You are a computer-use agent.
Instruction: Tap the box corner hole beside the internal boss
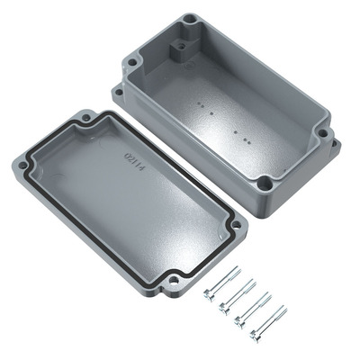click(190, 19)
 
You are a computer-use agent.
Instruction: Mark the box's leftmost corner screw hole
click(131, 64)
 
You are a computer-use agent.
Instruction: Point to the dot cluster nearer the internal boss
click(205, 110)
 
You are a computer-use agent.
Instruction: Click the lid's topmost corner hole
click(86, 117)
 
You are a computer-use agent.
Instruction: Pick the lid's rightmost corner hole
click(236, 225)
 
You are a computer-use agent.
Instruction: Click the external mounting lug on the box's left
click(118, 90)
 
